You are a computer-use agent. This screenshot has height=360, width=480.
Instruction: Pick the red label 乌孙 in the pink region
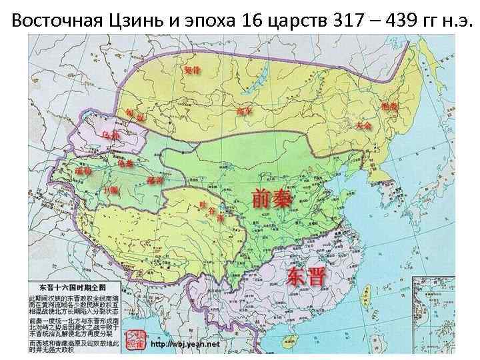(x=111, y=135)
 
